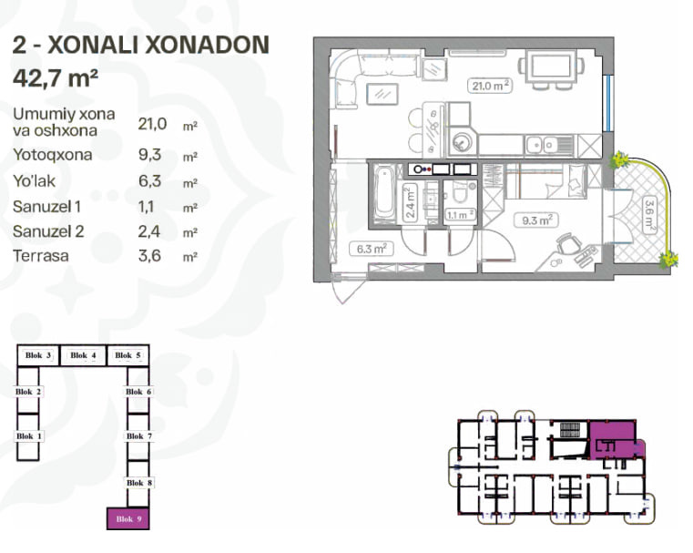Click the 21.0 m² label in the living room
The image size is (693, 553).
click(x=490, y=86)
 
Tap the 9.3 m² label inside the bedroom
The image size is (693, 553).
click(x=536, y=220)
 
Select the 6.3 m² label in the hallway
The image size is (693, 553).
click(x=372, y=249)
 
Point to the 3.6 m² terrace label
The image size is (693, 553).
click(x=648, y=214)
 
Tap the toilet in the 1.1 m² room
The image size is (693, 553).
click(x=460, y=193)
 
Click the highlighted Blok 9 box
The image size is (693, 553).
click(x=128, y=518)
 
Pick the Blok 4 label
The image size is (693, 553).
click(x=83, y=355)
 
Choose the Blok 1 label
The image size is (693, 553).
click(x=29, y=435)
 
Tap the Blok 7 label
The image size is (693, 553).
click(x=139, y=435)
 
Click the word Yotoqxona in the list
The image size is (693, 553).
click(x=53, y=155)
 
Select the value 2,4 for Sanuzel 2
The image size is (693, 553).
click(x=149, y=231)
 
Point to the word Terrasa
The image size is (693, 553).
click(x=41, y=256)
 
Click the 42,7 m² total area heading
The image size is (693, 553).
click(x=56, y=77)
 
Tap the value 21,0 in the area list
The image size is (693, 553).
click(x=152, y=124)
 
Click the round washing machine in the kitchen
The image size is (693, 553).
click(x=460, y=142)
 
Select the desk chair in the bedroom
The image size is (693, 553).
click(x=567, y=243)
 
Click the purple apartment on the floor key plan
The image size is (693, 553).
click(x=616, y=440)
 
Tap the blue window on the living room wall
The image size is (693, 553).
click(x=608, y=104)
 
